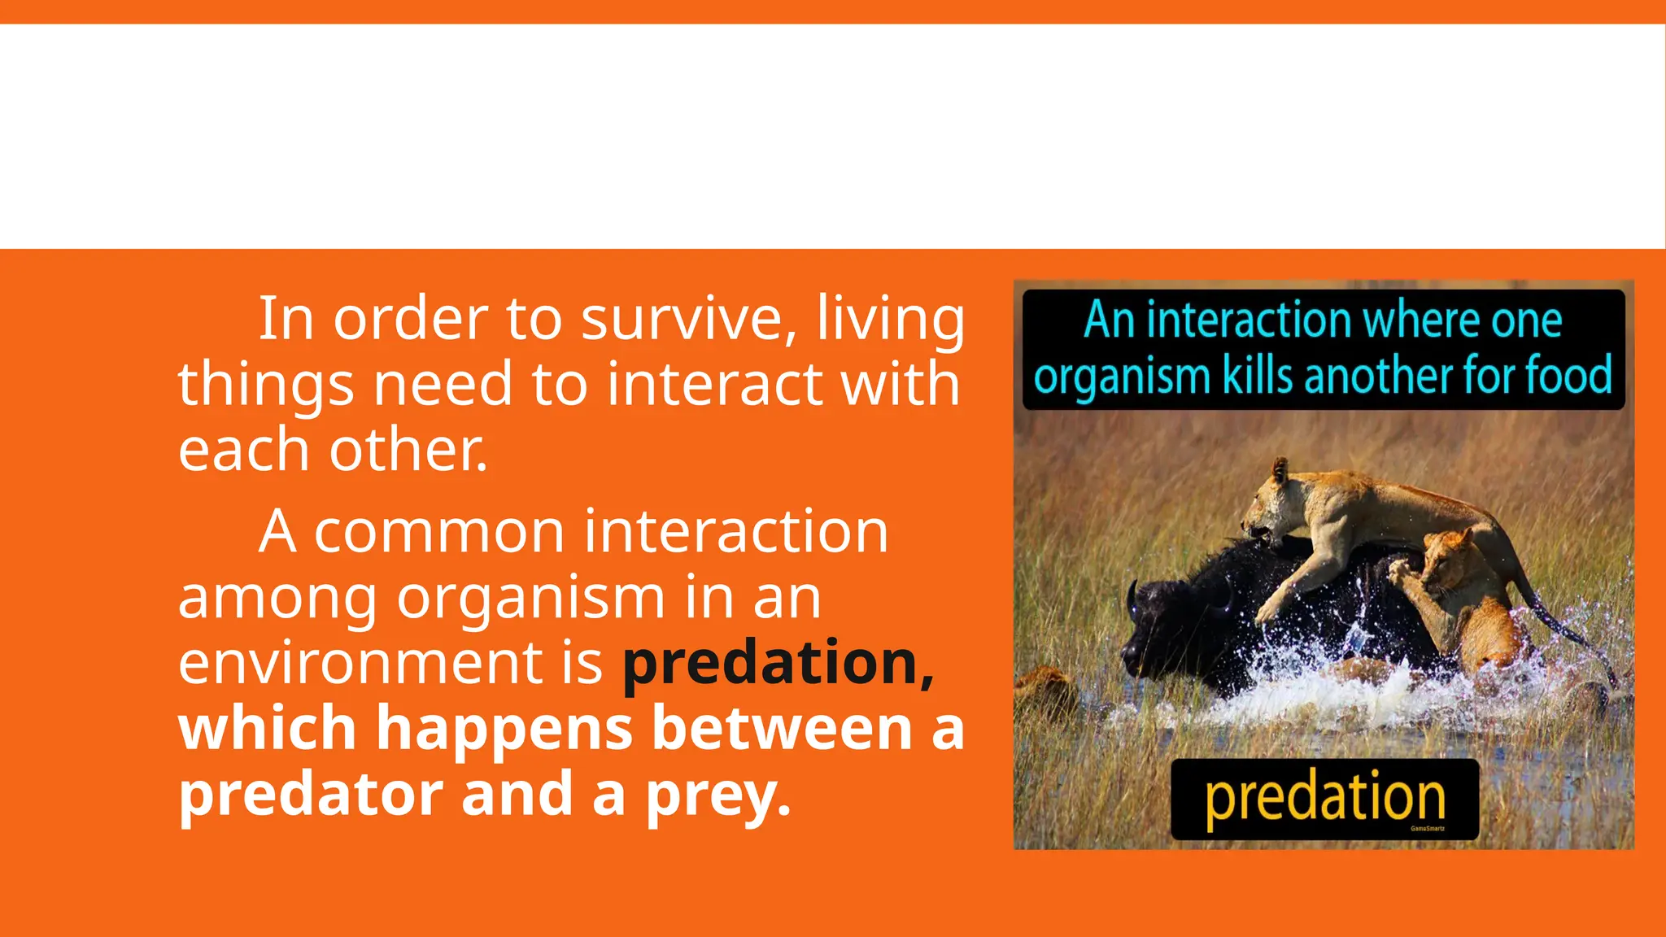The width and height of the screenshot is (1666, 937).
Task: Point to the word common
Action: coord(439,532)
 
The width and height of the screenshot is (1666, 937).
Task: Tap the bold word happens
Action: coord(504,729)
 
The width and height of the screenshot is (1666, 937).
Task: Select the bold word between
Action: coord(783,729)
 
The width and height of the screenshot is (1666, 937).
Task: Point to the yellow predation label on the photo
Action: coord(1324,798)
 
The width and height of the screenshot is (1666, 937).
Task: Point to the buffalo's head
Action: coord(1155,626)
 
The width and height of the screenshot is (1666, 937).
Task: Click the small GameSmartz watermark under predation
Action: coord(1428,829)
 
